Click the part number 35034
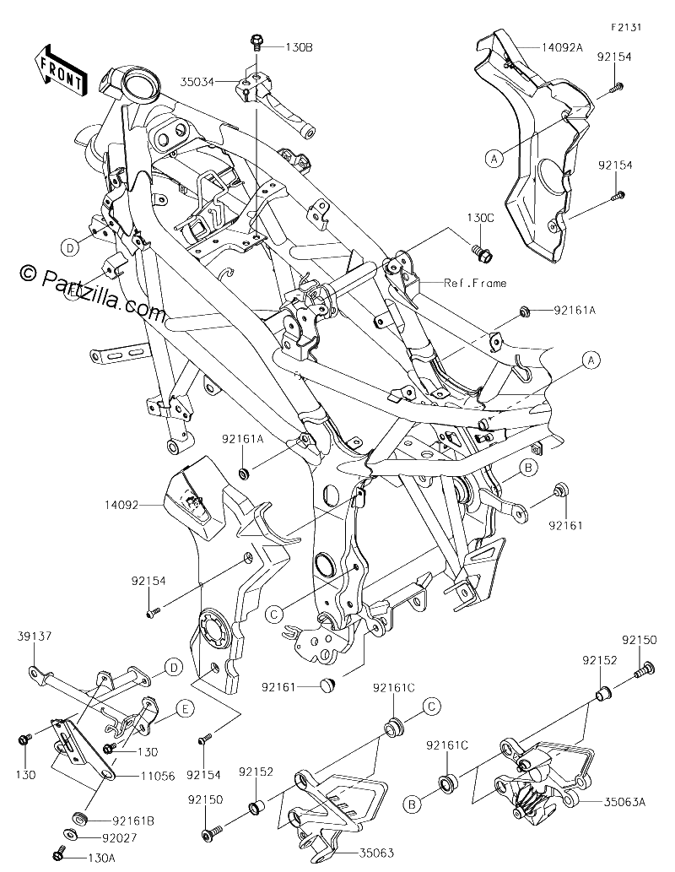tap(197, 82)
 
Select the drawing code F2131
tap(625, 27)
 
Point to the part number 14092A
tap(562, 46)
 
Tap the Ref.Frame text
tap(475, 283)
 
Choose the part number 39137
tap(34, 636)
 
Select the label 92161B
tap(133, 821)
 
